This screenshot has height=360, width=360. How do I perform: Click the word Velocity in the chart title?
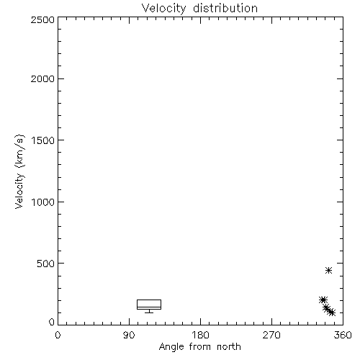click(163, 9)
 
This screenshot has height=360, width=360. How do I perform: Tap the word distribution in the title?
click(225, 8)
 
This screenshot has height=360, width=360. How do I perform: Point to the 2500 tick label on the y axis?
click(42, 19)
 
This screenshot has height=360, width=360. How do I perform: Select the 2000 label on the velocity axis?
click(42, 78)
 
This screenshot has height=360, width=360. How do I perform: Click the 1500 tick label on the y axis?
click(43, 140)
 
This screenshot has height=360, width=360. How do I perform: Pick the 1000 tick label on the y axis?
click(43, 202)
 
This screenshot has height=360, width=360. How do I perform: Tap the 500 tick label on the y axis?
click(46, 264)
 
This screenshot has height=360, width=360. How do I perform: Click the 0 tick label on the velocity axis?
click(52, 322)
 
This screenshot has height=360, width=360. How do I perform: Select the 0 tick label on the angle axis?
click(58, 335)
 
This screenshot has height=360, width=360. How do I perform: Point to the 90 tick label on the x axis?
click(129, 335)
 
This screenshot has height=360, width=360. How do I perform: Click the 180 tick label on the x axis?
click(200, 335)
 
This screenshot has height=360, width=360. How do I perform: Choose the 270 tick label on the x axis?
click(271, 335)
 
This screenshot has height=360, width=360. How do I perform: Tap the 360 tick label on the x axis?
click(343, 335)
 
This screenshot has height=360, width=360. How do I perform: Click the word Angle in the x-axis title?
click(171, 348)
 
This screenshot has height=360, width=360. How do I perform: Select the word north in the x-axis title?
click(229, 346)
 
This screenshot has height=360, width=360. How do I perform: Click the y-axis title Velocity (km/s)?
click(19, 171)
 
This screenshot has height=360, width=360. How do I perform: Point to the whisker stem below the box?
click(149, 311)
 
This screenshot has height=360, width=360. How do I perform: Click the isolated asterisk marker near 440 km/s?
click(328, 271)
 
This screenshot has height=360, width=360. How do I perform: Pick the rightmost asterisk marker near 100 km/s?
click(332, 312)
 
